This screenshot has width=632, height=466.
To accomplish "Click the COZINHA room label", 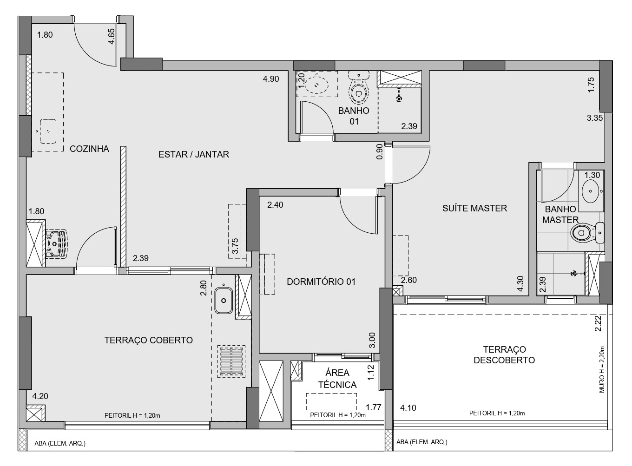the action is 89,149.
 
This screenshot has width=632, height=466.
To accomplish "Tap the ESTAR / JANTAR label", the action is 193,154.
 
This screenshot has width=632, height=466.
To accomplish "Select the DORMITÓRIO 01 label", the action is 321,282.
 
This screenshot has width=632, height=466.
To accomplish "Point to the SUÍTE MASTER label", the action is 474,208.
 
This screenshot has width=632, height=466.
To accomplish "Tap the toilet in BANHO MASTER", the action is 587,233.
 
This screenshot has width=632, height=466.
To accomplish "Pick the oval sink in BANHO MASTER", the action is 591,191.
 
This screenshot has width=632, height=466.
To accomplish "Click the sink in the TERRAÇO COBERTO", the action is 224,301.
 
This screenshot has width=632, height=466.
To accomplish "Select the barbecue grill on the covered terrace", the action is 231,361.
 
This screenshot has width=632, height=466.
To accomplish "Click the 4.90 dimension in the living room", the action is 271,79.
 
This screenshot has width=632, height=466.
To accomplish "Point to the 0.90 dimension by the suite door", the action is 380,151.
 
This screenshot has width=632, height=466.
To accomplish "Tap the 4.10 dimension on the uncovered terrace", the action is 408,407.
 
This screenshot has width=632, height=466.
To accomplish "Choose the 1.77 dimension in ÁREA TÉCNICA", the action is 374,407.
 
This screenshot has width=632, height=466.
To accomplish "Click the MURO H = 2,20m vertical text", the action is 602,369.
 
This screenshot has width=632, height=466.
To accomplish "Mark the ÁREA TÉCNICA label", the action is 337,379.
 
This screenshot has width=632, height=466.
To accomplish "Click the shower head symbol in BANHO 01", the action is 399,98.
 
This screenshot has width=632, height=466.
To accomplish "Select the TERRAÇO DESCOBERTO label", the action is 504,354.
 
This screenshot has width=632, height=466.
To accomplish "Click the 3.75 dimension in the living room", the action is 235,246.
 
